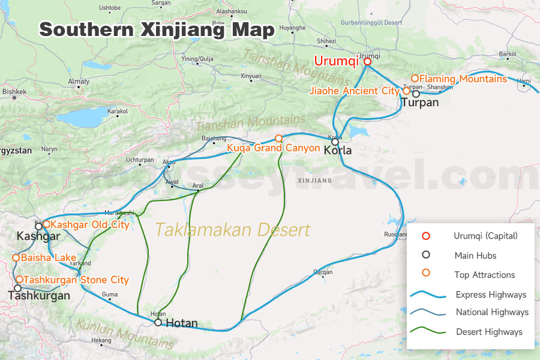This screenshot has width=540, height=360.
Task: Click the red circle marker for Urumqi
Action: (367, 61)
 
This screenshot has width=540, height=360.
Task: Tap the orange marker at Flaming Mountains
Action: (415, 79)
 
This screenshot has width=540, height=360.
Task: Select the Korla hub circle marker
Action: (335, 142)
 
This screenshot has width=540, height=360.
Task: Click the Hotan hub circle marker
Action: (158, 322)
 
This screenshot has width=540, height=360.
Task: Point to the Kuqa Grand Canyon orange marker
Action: (278, 139)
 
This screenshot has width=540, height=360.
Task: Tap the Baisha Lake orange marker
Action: (16, 258)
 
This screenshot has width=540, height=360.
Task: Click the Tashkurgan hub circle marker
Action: (17, 289)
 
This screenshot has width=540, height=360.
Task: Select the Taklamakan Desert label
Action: (233, 230)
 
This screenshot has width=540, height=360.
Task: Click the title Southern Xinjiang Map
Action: (157, 29)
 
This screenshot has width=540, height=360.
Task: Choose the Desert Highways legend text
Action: (489, 332)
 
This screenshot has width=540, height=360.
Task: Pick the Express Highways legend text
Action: (491, 295)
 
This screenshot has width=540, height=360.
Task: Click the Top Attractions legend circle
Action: (426, 274)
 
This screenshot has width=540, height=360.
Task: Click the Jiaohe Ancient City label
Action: (354, 91)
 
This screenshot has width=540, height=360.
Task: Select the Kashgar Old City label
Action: (90, 225)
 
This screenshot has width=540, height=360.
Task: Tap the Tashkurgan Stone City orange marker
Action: (19, 280)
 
